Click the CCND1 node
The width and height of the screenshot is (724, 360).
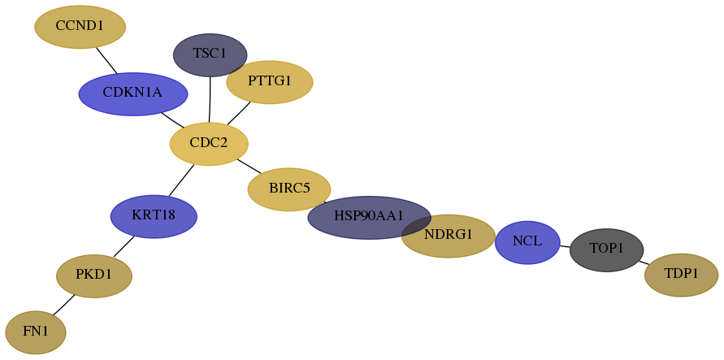[x=80, y=27]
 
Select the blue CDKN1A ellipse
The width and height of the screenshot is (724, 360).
[x=133, y=93]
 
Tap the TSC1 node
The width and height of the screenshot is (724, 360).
[x=210, y=55]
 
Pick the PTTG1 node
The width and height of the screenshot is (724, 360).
[x=270, y=82]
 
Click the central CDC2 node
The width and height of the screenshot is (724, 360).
[x=209, y=144]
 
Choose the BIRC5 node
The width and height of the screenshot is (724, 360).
[x=289, y=189]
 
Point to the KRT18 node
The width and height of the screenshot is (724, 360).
[x=154, y=216]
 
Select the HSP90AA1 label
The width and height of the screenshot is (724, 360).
[x=369, y=215]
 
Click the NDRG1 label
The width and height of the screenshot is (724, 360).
[x=449, y=235]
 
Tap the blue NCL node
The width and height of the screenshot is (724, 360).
[x=527, y=242]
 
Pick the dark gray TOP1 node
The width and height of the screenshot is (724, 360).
[x=607, y=250]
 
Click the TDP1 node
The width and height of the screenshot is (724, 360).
[x=681, y=275]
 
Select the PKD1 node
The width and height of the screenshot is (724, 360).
[x=94, y=276]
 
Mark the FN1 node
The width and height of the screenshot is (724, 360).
[x=36, y=332]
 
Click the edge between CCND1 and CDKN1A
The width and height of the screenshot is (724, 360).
[x=106, y=60]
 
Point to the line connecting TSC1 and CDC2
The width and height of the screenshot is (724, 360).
[x=210, y=100]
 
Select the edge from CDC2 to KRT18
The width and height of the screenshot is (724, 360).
[x=181, y=180]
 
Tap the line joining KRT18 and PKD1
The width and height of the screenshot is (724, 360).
[x=124, y=246]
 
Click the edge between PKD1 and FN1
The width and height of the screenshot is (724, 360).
[x=63, y=305]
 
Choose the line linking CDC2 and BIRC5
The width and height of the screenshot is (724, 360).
[x=249, y=166]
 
